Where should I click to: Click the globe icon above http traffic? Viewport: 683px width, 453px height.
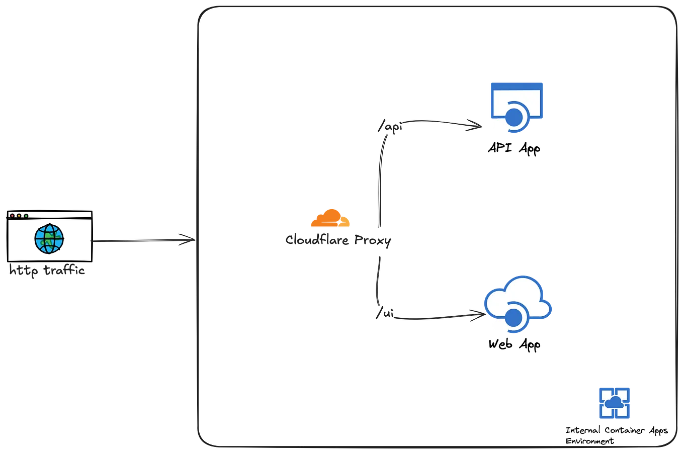(49, 239)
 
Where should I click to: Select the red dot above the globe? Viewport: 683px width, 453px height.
(12, 216)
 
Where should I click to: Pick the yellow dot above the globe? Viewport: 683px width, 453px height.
(19, 216)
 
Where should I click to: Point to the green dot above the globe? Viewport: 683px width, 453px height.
(26, 216)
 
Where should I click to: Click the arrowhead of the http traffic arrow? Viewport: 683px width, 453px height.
(190, 240)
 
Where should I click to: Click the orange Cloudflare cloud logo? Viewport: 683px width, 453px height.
(330, 218)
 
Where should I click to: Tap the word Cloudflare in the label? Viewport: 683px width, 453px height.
(317, 240)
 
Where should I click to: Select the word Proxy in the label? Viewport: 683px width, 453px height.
(372, 240)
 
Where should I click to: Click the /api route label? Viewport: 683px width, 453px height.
(390, 129)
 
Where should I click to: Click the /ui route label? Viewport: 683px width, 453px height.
(386, 316)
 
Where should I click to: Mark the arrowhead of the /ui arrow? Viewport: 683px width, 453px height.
(479, 315)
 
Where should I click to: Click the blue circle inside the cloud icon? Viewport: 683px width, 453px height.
(514, 317)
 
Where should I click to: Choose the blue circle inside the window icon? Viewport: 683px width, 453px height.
(514, 118)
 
